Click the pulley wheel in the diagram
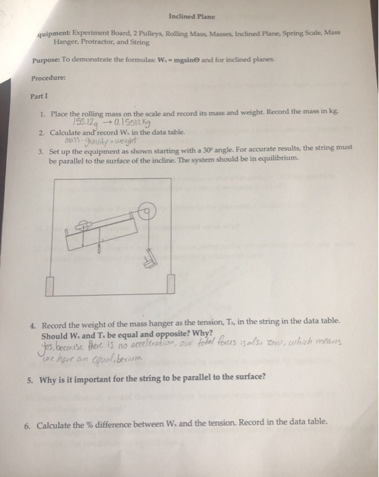[x=144, y=215]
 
